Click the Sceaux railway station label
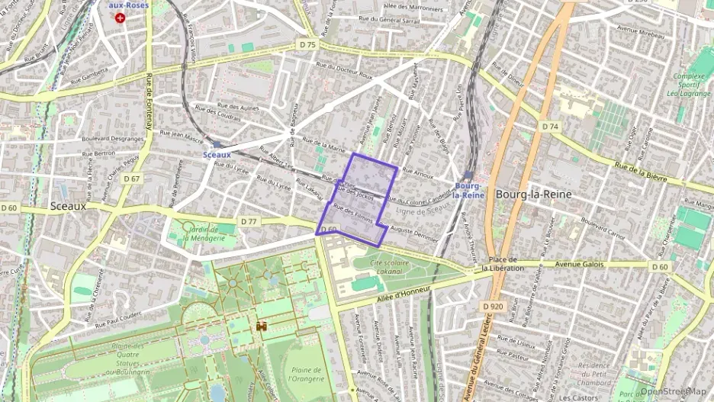(217, 154)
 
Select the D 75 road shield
(307, 45)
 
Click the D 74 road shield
(549, 126)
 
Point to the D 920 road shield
(494, 306)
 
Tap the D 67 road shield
(131, 179)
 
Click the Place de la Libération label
(503, 264)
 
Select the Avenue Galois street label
(581, 265)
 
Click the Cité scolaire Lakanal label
(380, 268)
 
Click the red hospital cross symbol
(119, 16)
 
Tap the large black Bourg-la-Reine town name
(533, 194)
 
